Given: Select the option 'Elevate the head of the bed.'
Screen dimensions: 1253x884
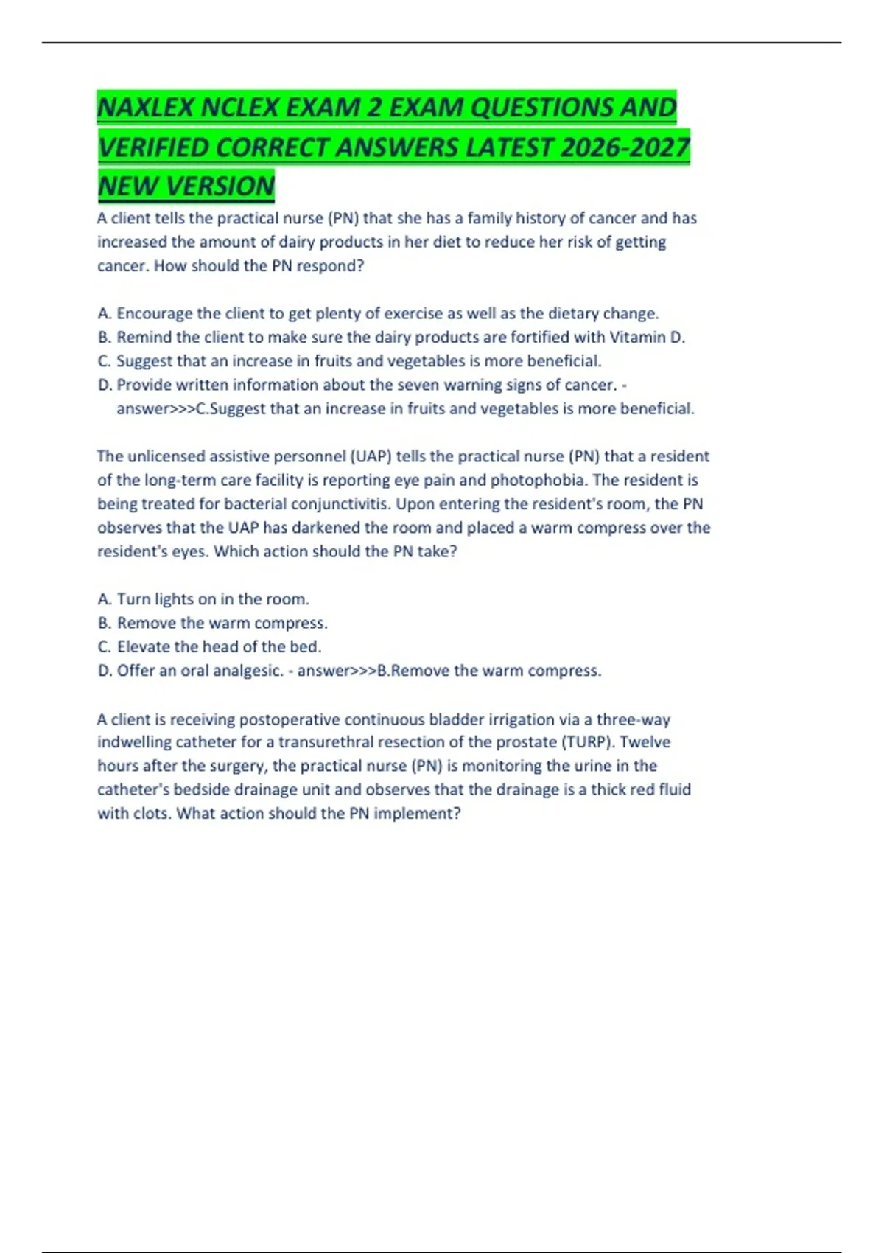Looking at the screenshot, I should coord(219,647).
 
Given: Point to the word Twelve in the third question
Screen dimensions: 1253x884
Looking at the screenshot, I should coord(645,742).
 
